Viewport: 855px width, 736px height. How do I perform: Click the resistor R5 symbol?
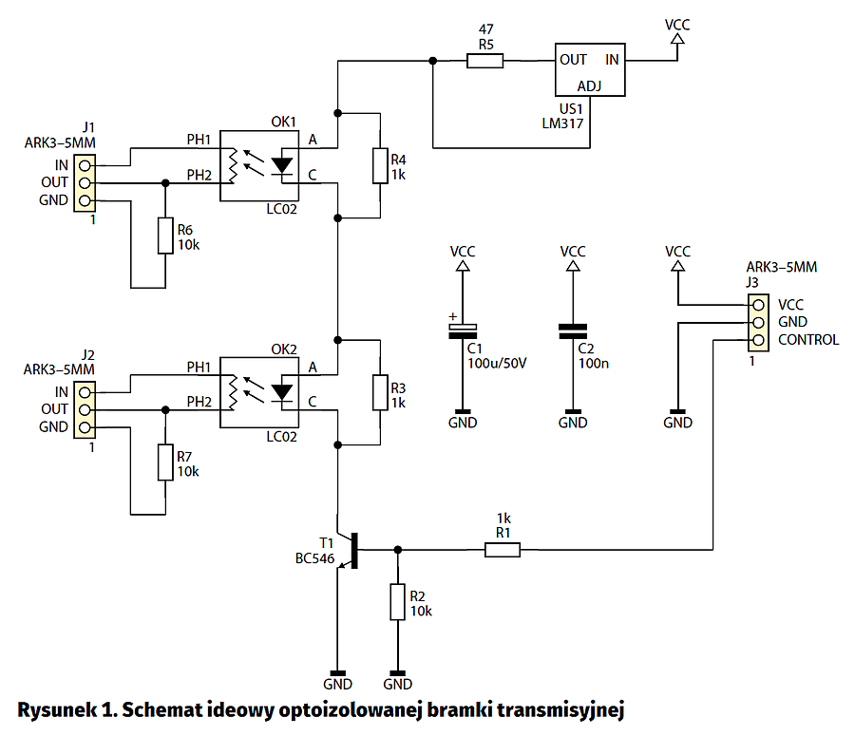[484, 61]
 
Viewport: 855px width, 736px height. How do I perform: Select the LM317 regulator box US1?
[589, 69]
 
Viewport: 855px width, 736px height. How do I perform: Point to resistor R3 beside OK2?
[379, 392]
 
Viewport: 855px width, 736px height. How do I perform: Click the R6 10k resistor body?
[165, 236]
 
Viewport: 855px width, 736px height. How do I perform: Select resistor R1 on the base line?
[503, 549]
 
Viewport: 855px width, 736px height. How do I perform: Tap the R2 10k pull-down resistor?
[398, 602]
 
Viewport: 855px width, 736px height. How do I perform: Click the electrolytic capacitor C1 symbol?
[463, 331]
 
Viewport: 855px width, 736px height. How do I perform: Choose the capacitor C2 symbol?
[573, 331]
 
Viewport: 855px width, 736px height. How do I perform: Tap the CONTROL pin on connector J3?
[756, 340]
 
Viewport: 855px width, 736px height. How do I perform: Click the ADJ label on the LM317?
[590, 85]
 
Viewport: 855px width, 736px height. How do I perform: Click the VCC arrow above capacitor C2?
[573, 269]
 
